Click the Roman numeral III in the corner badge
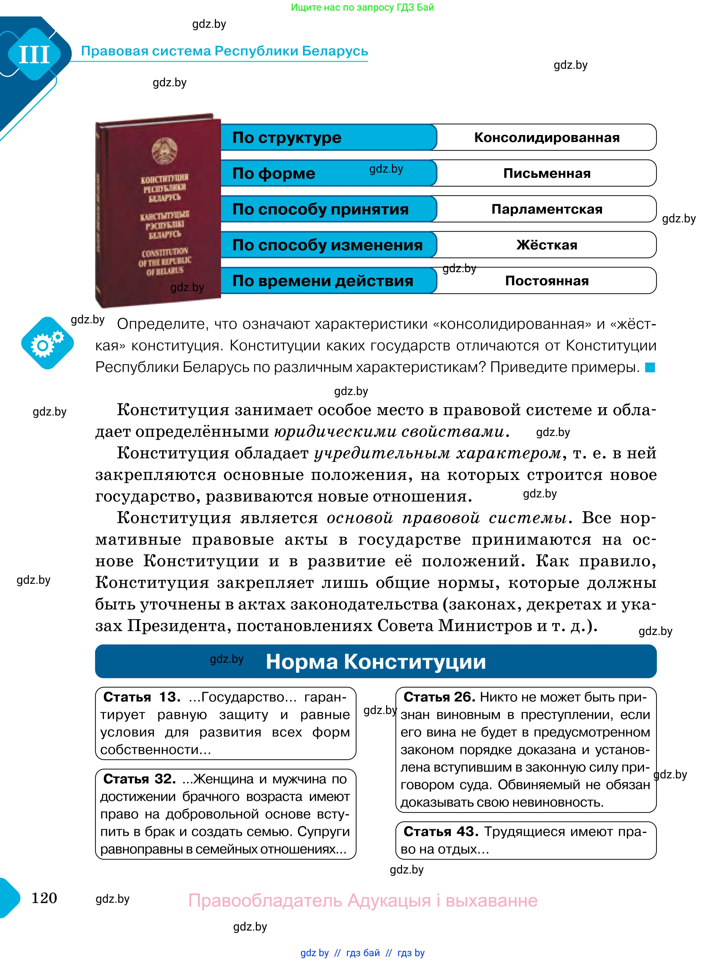coord(34,55)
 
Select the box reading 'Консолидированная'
coord(546,138)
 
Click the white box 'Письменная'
coord(546,173)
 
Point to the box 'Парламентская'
coord(546,209)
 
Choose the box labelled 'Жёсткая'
coord(546,245)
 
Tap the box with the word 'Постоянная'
coord(546,281)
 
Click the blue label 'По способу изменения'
coord(327,245)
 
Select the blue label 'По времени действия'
coord(322,281)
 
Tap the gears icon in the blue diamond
coord(47,343)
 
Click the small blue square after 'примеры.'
coord(650,368)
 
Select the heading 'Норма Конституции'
coord(375,661)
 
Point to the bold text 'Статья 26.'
coord(439,697)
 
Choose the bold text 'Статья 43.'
coord(441,831)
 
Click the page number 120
coord(44,898)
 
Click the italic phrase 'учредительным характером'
coord(437,453)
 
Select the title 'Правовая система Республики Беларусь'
coord(224,51)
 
